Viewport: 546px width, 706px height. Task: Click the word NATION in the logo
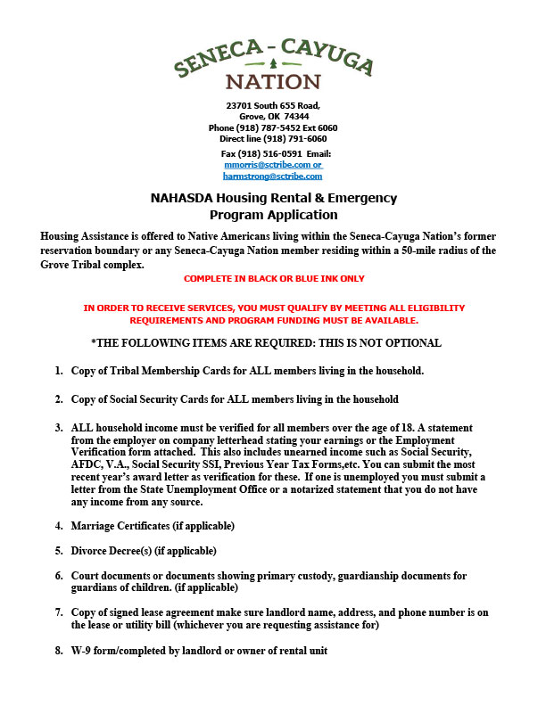[273, 82]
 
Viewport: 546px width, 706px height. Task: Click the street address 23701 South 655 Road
[273, 105]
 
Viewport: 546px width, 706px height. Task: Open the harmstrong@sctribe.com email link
[273, 176]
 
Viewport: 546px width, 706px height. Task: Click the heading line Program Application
[273, 215]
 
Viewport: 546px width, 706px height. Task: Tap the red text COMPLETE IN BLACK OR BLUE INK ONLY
[273, 279]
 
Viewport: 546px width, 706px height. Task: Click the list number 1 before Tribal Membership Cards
[58, 370]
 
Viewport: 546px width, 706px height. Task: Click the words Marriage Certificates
[120, 526]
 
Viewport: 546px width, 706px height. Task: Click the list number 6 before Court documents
[58, 576]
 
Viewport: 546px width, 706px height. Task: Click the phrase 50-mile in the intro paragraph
[413, 251]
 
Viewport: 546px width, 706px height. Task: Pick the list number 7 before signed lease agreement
[58, 613]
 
